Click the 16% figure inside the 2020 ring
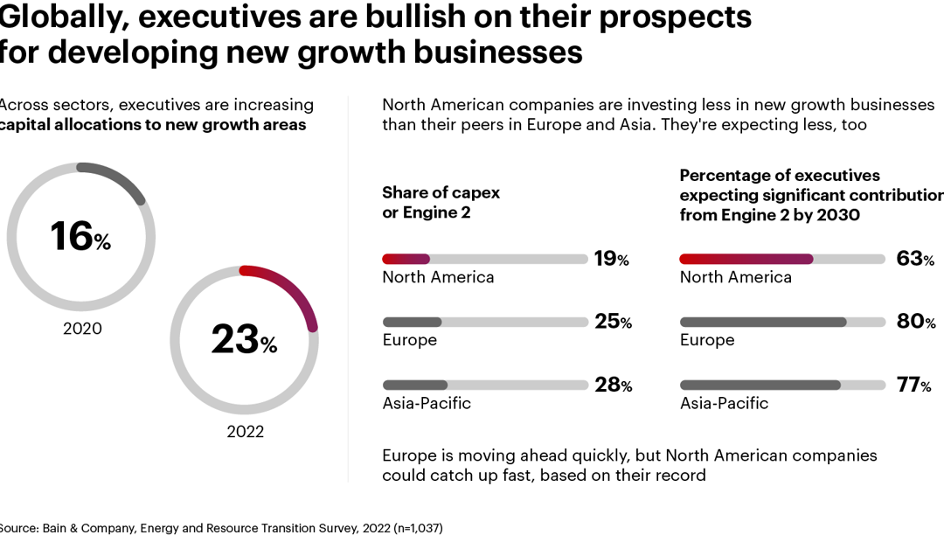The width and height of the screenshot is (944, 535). (80, 236)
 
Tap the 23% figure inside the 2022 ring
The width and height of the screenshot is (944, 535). (243, 339)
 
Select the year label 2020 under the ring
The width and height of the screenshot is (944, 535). (82, 329)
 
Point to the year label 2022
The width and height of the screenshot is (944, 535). (245, 432)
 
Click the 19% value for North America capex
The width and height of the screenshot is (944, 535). (611, 258)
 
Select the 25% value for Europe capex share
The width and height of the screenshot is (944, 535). (613, 322)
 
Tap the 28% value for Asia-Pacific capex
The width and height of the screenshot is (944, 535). (613, 386)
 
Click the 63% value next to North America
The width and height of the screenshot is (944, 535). (915, 258)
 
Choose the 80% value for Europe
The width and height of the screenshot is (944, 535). (916, 322)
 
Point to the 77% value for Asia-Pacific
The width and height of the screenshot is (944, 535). (913, 386)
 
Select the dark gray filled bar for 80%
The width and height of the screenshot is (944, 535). (763, 322)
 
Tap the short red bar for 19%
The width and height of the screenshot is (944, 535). (406, 259)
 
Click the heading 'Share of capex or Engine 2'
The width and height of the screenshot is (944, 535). (441, 202)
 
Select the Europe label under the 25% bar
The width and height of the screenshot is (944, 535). (409, 340)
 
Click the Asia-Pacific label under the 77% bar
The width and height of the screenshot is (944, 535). (724, 403)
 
